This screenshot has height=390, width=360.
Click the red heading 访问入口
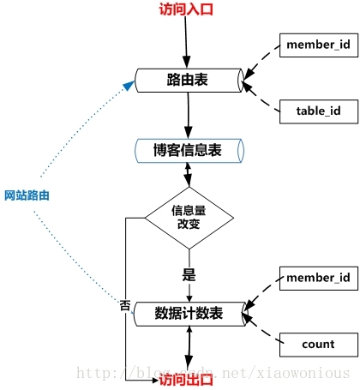(x=186, y=9)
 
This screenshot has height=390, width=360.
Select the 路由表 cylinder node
(x=189, y=81)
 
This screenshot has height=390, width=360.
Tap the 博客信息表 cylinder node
(x=189, y=151)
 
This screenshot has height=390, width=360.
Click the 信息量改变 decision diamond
(x=189, y=218)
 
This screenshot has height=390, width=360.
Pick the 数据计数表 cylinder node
(x=189, y=314)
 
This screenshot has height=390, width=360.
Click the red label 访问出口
(x=186, y=380)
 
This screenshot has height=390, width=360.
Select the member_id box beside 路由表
(x=319, y=45)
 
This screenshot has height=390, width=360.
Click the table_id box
(x=319, y=111)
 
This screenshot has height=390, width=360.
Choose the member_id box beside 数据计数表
(x=319, y=279)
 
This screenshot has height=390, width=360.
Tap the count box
(x=319, y=345)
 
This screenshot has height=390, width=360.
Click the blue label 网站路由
(x=27, y=195)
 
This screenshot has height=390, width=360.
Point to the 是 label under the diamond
(x=189, y=275)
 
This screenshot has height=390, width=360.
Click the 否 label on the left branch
(x=125, y=305)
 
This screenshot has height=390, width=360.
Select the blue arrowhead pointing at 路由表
(x=129, y=86)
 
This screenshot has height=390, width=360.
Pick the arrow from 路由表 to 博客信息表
(x=189, y=116)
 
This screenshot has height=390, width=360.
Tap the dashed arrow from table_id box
(x=261, y=97)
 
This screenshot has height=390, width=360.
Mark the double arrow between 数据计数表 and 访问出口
(x=189, y=349)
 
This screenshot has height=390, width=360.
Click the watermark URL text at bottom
(x=213, y=373)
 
